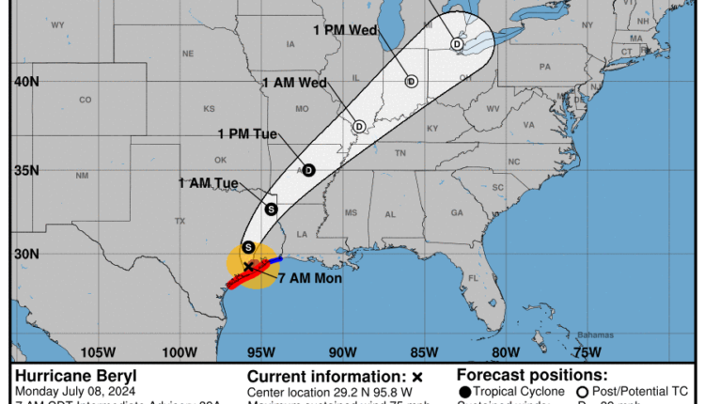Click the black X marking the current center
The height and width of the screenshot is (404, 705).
[x=248, y=267]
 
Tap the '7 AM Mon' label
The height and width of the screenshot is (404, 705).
[x=309, y=279]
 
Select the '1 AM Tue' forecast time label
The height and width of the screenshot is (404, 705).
[x=208, y=182]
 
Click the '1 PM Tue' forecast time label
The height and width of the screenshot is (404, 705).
[x=247, y=133]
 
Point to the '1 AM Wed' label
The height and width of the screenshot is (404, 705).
[x=294, y=83]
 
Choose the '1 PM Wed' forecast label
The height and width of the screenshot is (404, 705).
[x=345, y=30]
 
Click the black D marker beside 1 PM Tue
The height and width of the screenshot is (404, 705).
[x=308, y=170]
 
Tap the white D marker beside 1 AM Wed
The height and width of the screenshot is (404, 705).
[x=359, y=126]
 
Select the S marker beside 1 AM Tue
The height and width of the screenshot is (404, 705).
[x=272, y=209]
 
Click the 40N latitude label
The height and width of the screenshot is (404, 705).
[x=26, y=82]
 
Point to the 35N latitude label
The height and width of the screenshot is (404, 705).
[x=26, y=170]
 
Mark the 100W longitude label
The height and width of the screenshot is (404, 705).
[x=179, y=352]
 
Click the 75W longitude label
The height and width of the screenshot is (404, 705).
[x=587, y=352]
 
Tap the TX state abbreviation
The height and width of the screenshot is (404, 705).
[x=180, y=221]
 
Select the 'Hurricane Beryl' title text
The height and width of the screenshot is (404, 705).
[x=63, y=376]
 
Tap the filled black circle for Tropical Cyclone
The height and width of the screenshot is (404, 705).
[x=464, y=392]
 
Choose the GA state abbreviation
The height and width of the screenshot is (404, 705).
[x=457, y=213]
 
